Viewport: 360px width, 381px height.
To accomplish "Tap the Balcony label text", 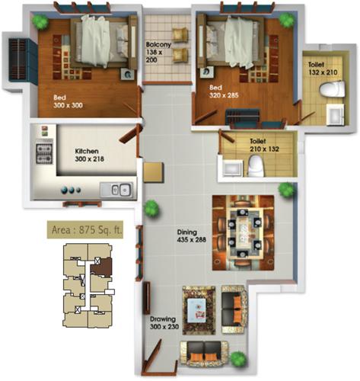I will pos(159,51).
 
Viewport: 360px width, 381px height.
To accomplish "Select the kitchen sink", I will pos(120,190).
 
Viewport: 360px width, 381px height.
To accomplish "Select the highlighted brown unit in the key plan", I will pos(99,265).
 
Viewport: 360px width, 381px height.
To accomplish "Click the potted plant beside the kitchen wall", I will pos(151,207).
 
